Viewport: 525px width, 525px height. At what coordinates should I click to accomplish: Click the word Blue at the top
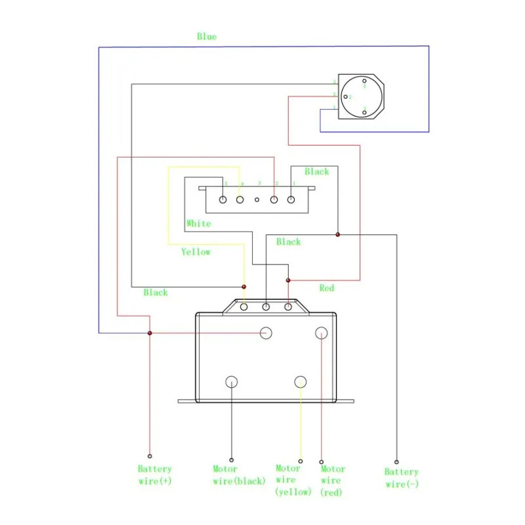[207, 37]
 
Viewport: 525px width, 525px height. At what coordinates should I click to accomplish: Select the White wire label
[198, 224]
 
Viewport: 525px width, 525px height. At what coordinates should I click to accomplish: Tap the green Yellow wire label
[196, 252]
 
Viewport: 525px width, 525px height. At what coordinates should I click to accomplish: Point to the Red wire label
[326, 288]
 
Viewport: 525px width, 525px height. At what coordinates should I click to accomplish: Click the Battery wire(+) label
[154, 476]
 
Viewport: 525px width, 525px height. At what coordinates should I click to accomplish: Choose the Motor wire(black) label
[239, 475]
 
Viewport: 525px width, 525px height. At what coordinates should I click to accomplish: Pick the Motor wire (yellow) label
[288, 480]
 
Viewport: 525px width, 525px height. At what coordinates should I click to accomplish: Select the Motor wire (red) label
[333, 480]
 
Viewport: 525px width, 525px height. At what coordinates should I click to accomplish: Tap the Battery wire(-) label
[401, 478]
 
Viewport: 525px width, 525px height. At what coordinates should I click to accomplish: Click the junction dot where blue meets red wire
[150, 333]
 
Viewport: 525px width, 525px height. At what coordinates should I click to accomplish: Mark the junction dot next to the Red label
[288, 280]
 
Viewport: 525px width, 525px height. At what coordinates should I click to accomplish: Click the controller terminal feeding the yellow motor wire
[301, 381]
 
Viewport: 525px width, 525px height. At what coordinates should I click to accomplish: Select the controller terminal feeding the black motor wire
[232, 381]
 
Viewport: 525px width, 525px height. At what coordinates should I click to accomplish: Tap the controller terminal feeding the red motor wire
[322, 333]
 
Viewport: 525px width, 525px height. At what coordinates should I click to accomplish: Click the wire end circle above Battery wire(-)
[396, 461]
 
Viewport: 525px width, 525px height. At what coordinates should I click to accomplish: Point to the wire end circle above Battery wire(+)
[150, 455]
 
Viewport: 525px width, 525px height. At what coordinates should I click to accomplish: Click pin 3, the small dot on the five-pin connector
[258, 199]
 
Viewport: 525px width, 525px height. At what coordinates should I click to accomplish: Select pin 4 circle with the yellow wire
[240, 199]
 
